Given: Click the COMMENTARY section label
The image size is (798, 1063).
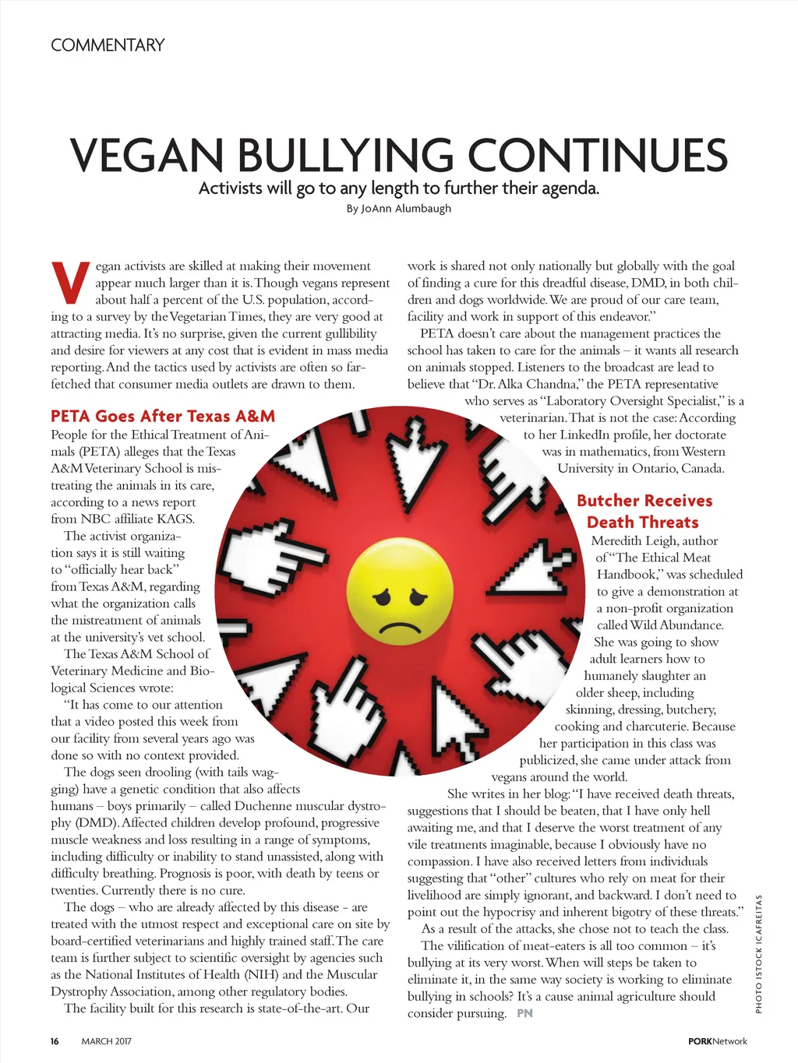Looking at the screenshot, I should pyautogui.click(x=108, y=45).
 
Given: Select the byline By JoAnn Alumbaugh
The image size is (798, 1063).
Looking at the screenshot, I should pyautogui.click(x=398, y=209).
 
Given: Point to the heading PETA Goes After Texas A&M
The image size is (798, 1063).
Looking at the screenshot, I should pyautogui.click(x=163, y=416).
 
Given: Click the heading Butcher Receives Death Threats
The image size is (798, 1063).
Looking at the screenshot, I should pyautogui.click(x=644, y=512).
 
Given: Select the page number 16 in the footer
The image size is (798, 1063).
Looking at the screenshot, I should pyautogui.click(x=55, y=1041).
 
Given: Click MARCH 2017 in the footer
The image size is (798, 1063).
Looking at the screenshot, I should pyautogui.click(x=107, y=1041).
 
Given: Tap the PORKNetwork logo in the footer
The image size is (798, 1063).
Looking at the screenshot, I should pyautogui.click(x=717, y=1041).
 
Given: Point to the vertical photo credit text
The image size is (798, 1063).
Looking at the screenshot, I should pyautogui.click(x=758, y=955).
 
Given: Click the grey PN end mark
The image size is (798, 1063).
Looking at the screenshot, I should pyautogui.click(x=524, y=1013).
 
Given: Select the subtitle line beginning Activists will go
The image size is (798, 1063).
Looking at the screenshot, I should pyautogui.click(x=398, y=188).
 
